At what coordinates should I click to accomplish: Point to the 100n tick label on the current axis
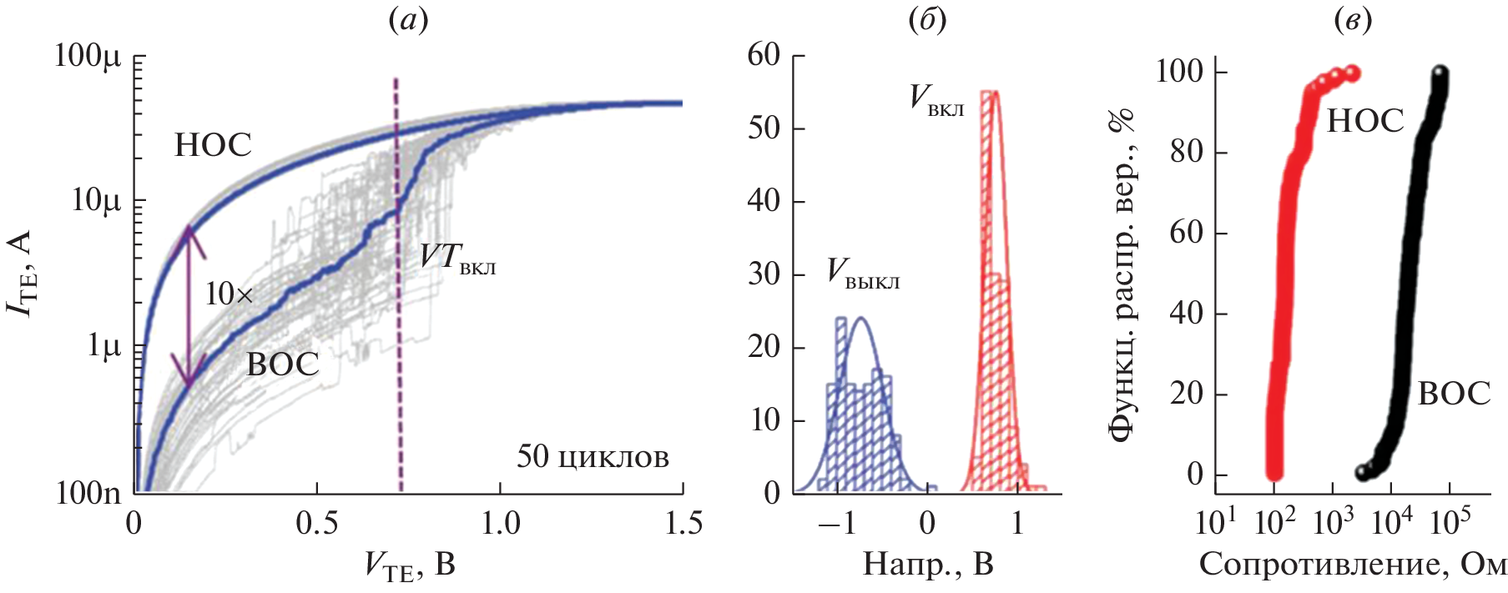pos(88,493)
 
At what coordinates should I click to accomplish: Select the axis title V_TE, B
pos(409,566)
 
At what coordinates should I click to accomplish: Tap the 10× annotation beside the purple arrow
pos(229,294)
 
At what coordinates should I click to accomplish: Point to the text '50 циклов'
pos(593,457)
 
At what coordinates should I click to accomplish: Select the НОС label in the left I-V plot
pos(213,146)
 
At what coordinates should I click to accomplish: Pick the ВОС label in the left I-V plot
pos(283,365)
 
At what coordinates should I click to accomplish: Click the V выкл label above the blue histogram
pos(863,274)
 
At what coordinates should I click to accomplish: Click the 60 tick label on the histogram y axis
pos(764,56)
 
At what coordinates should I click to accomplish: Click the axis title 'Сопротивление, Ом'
pos(1353,565)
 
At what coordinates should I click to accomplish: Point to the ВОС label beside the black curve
pos(1454,394)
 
